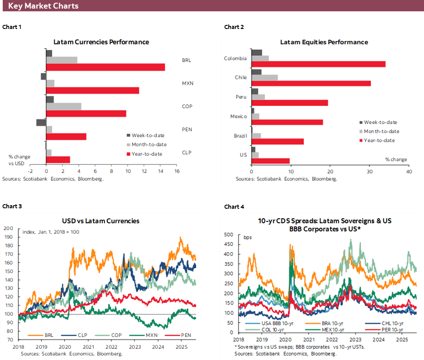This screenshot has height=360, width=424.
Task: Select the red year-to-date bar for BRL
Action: (105, 67)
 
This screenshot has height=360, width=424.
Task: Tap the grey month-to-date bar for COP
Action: (63, 106)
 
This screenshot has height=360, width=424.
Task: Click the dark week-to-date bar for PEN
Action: (41, 122)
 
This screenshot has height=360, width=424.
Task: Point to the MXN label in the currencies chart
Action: (187, 83)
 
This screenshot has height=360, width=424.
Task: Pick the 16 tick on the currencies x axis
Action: (177, 171)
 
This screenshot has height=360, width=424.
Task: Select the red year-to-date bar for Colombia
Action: (318, 64)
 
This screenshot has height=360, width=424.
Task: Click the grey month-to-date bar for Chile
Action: (265, 77)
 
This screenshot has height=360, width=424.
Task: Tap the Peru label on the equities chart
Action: (241, 97)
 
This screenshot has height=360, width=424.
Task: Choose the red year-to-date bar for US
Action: (270, 161)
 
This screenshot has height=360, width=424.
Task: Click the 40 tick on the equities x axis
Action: (409, 172)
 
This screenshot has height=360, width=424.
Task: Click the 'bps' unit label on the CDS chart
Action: (247, 238)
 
